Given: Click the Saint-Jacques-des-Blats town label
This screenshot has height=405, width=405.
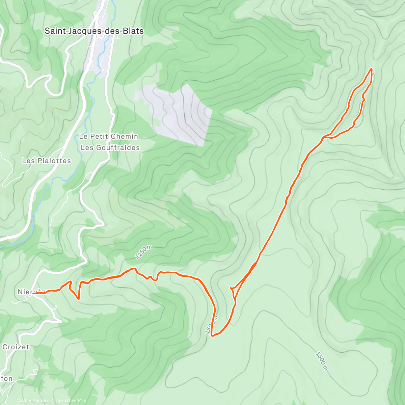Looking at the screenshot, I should point(94,31).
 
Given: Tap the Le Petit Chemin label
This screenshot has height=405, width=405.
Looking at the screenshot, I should point(108,136).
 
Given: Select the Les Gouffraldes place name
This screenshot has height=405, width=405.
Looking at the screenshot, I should point(110,147).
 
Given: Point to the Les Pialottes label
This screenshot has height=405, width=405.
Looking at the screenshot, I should point(47,161).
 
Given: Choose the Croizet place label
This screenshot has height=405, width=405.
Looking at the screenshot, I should point(16,347).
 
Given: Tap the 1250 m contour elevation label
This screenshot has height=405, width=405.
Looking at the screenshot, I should point(143,252).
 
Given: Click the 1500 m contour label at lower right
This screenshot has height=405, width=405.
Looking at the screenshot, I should point(322,361).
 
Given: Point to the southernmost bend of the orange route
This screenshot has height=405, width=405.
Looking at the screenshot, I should point(213,335).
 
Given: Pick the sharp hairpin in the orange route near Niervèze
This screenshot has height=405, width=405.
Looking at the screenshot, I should point(78,298).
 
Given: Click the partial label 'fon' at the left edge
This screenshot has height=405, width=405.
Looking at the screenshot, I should point(7,378).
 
